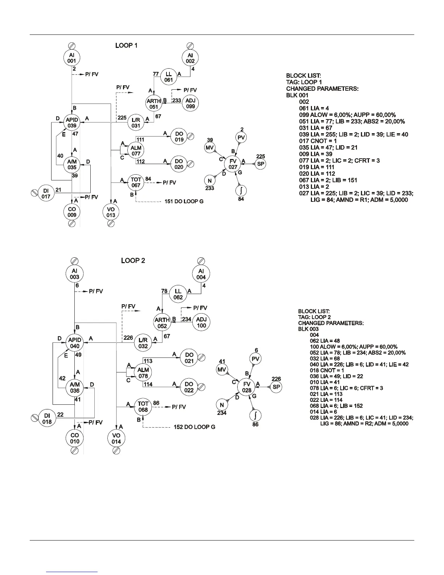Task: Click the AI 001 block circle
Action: pos(71,58)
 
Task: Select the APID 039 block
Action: pos(71,122)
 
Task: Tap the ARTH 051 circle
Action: pos(154,104)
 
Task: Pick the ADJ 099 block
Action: pos(190,103)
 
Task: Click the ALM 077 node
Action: pos(136,151)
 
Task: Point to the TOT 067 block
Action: pos(136,182)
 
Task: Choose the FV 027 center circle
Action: pos(233,164)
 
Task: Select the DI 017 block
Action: pos(46,193)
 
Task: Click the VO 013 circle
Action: pos(111,212)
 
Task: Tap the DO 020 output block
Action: pos(179,164)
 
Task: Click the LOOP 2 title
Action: pos(133,261)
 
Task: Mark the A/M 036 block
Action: pos(75,388)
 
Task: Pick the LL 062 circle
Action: pos(178,294)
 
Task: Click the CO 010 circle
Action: pos(75,438)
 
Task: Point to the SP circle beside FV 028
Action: pos(276,387)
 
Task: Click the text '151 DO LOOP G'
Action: pos(184,201)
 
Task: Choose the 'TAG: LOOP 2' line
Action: pos(314,317)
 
